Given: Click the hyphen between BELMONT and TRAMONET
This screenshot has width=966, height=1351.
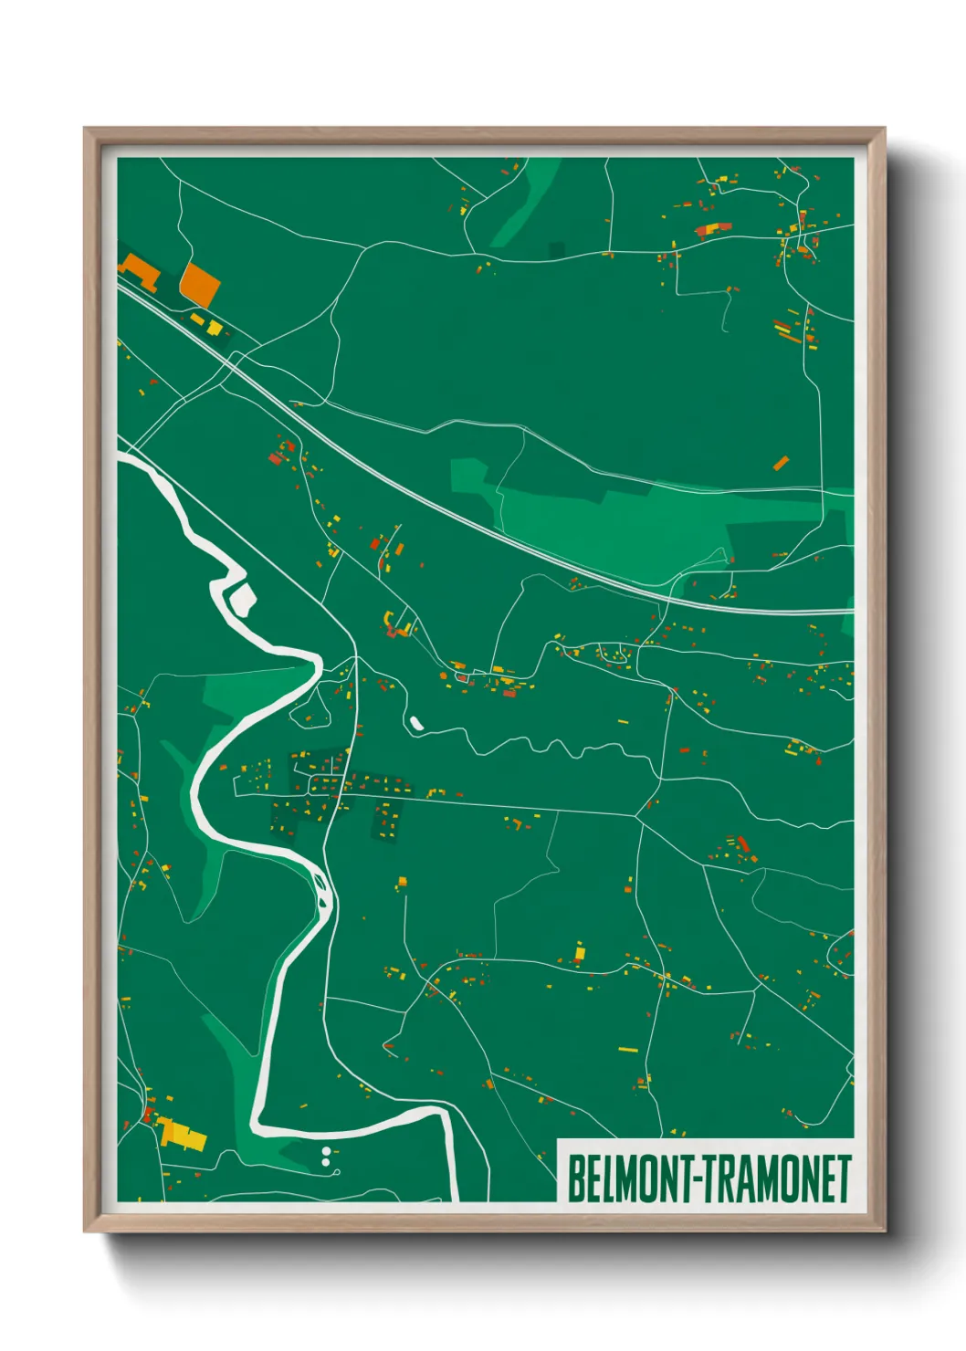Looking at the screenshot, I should click(698, 1179).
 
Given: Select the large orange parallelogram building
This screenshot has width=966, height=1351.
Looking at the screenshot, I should click(200, 285).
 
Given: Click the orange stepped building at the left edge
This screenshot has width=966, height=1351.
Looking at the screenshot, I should click(140, 270).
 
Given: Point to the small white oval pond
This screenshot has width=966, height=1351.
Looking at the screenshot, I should click(416, 723).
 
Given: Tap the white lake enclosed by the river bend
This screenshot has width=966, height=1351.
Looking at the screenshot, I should click(242, 599).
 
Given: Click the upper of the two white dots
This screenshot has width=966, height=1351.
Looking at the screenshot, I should click(326, 1153).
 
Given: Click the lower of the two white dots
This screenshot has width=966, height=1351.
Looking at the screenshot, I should click(326, 1163).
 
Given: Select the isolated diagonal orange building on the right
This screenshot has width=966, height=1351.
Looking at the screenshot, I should click(781, 464).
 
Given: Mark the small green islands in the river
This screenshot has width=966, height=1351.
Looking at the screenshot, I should click(321, 884).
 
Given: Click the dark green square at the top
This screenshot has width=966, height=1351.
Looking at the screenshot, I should click(557, 248).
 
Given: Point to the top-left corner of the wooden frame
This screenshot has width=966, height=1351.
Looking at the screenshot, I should click(86, 130).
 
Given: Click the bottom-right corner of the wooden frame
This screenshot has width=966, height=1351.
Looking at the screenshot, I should click(883, 1230).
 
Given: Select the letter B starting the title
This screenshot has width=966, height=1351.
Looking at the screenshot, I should click(577, 1179).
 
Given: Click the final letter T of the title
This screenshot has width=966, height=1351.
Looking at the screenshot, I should click(844, 1179).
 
